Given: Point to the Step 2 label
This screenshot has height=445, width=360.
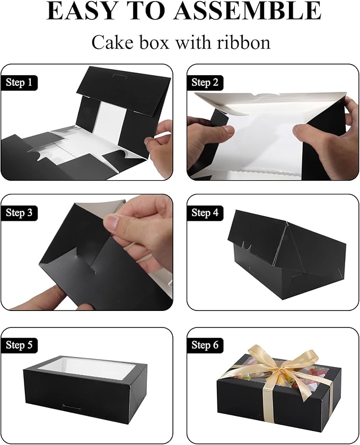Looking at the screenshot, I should point(205,82).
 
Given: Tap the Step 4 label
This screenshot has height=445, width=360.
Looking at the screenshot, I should point(205,213).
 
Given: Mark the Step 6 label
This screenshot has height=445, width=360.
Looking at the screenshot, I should point(205,345).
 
